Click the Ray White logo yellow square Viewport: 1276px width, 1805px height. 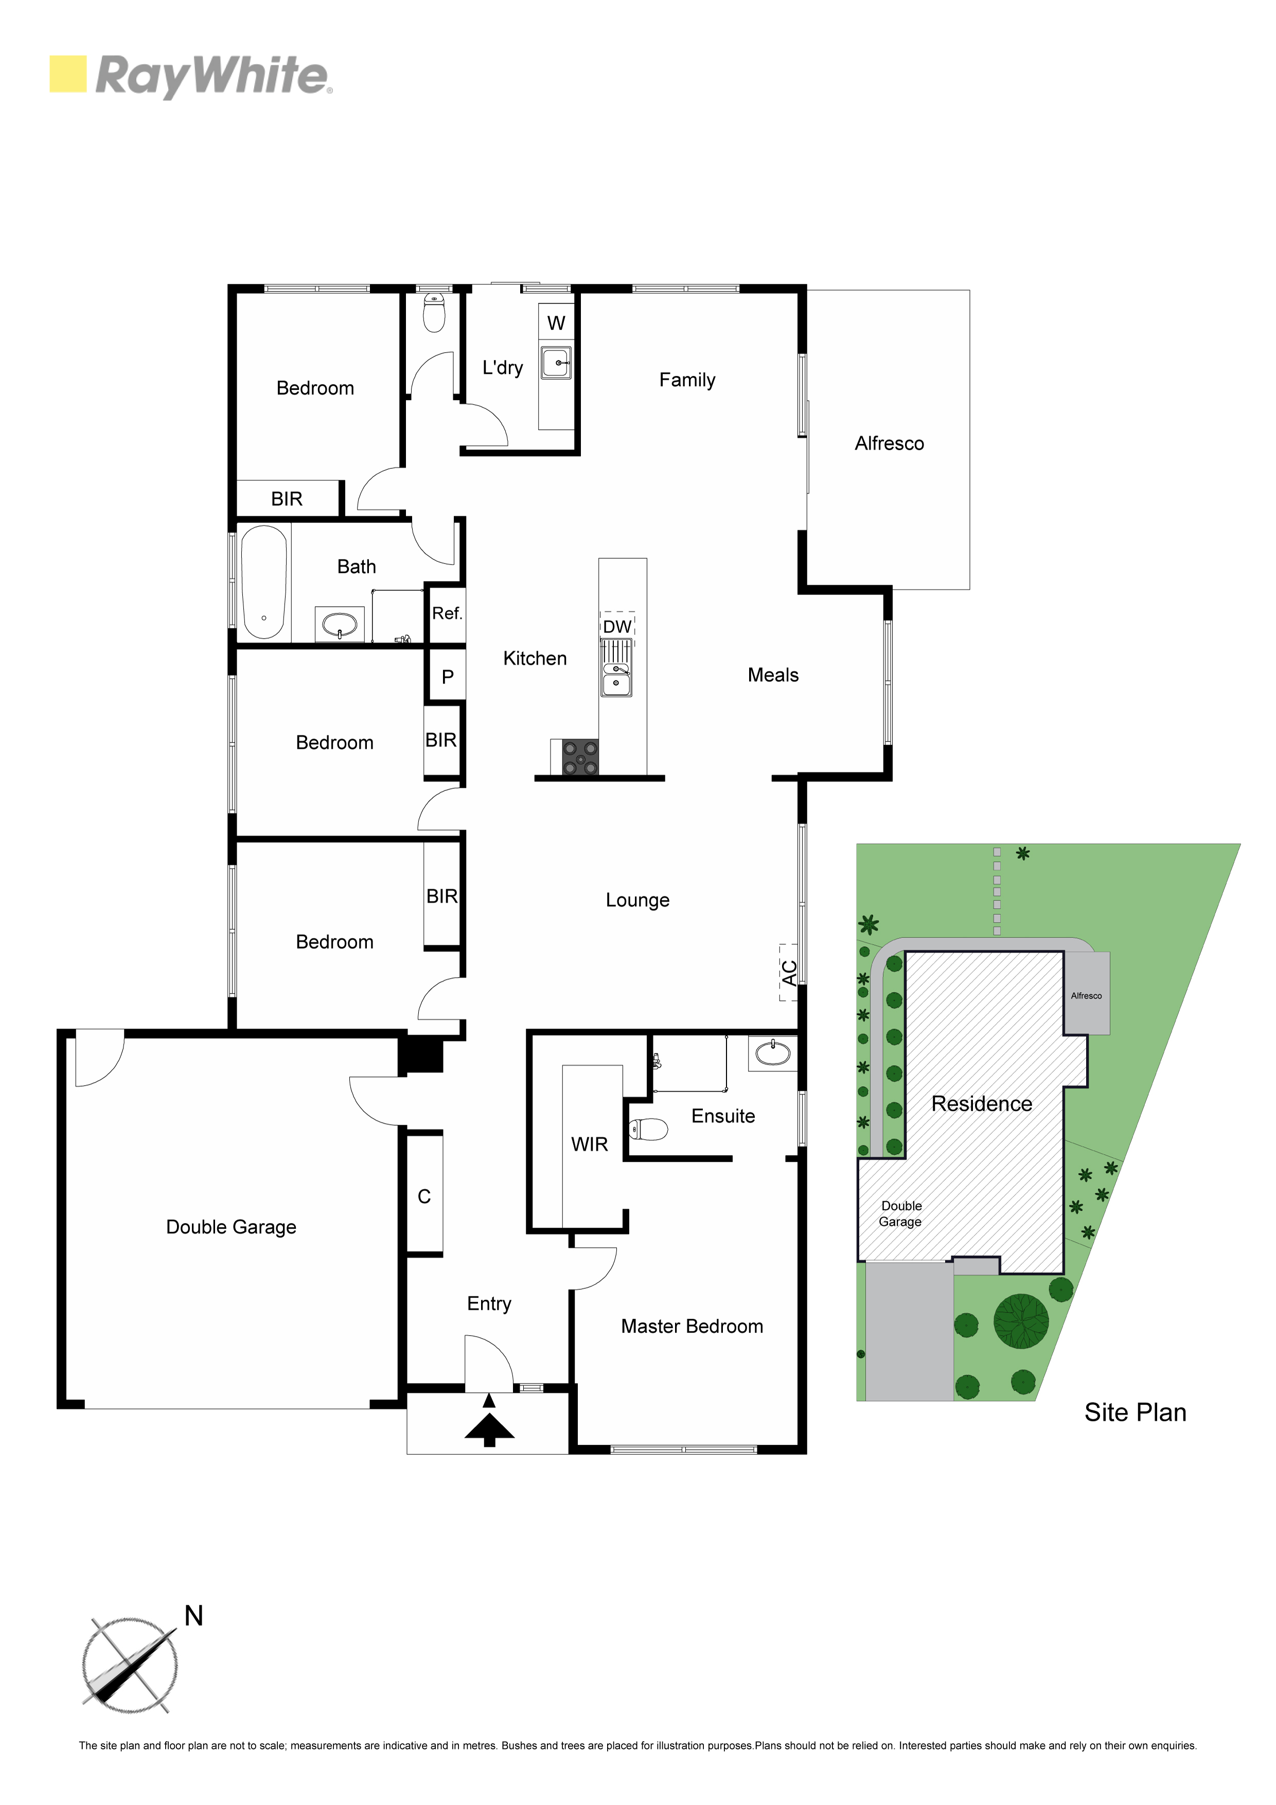[x=67, y=74]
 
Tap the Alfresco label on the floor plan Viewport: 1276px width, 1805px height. [x=889, y=444]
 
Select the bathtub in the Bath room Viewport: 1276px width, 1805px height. [x=264, y=582]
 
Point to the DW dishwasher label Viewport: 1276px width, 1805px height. [x=617, y=627]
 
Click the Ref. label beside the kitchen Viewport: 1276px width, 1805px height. [x=447, y=613]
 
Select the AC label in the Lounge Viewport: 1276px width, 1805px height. [x=789, y=972]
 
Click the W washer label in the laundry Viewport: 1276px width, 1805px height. [x=556, y=323]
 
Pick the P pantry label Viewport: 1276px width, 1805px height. [x=447, y=677]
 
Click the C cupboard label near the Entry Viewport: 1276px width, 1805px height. [x=424, y=1196]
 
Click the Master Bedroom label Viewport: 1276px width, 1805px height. [x=692, y=1326]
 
